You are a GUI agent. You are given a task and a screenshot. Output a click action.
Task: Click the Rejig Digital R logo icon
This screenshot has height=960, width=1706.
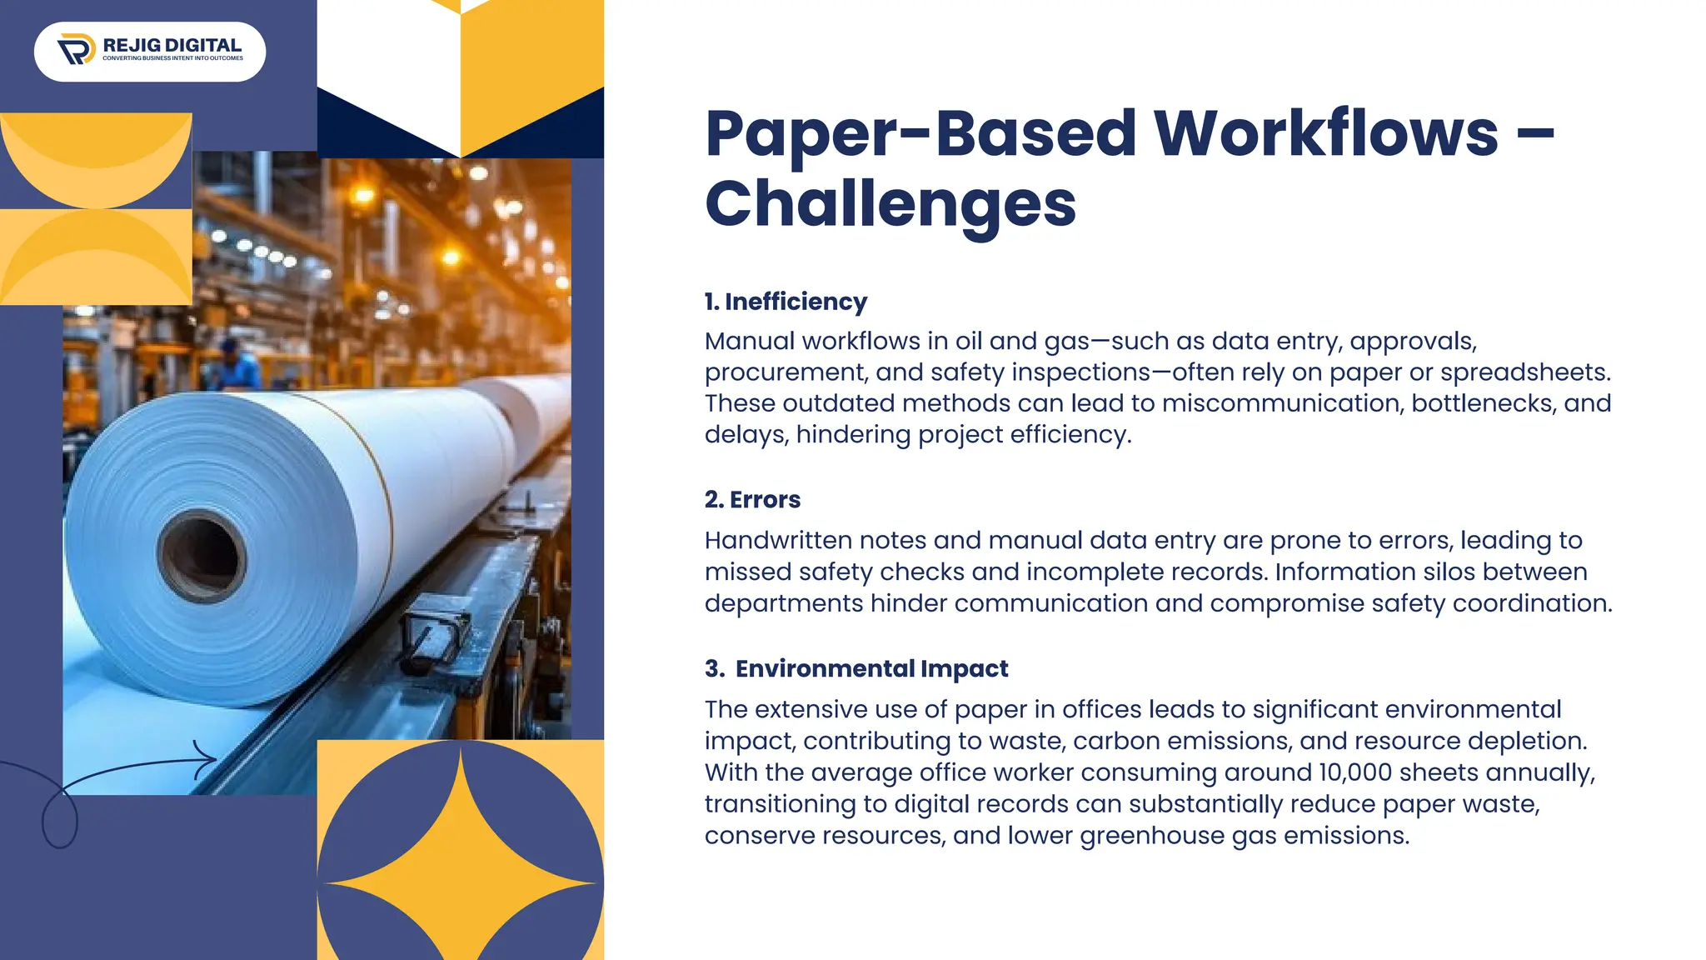point(77,49)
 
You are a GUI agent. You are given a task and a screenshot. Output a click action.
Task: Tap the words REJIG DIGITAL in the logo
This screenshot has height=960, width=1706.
point(172,45)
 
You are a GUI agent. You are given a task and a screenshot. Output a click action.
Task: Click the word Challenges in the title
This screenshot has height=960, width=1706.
point(890,203)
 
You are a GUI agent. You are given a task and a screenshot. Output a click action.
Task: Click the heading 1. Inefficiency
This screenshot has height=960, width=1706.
point(786,302)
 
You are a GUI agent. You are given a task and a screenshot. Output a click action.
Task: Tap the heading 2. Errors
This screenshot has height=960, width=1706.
point(752,499)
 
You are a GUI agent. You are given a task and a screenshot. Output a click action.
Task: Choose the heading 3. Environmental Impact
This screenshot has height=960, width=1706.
point(856,668)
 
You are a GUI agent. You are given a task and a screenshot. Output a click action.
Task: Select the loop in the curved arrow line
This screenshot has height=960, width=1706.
point(59,821)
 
